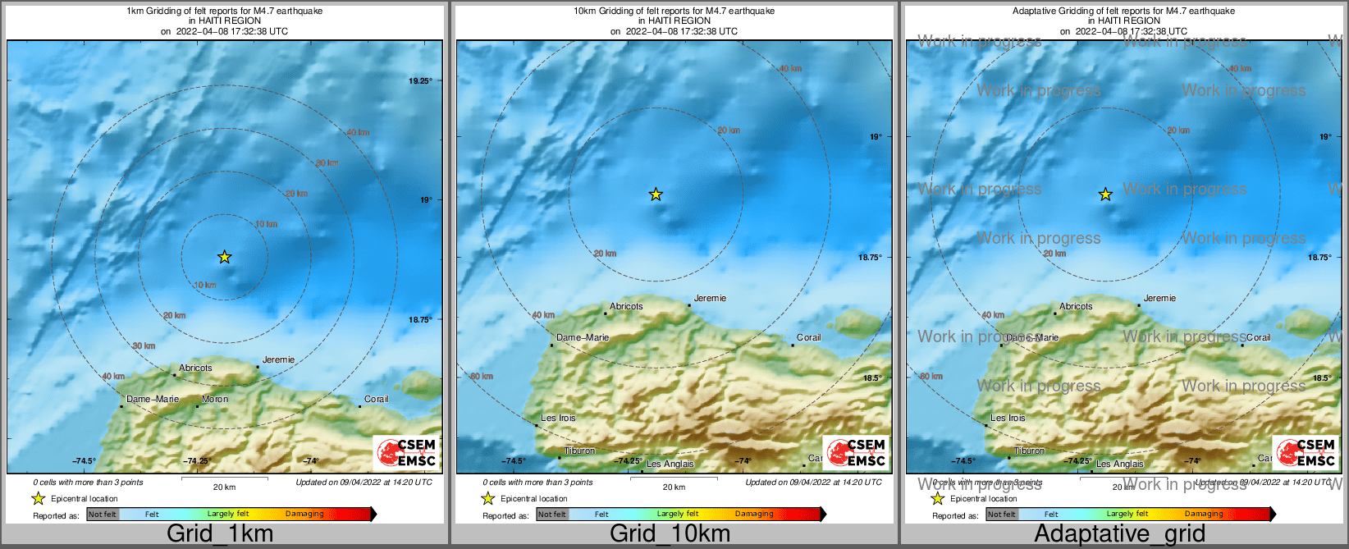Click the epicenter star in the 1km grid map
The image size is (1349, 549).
pos(224,257)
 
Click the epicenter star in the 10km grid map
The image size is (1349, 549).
pos(656,194)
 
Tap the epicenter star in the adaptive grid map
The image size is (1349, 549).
pos(1105,194)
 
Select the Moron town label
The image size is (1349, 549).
pos(215,400)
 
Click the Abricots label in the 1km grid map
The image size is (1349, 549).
pos(195,368)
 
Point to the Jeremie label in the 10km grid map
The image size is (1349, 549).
pos(710,299)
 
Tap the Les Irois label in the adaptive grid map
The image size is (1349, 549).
pos(1008,419)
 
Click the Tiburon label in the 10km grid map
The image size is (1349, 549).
pos(580,451)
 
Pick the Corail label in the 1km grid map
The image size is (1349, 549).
pos(376,400)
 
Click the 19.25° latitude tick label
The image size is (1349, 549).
pos(420,80)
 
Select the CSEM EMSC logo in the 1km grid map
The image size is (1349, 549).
pos(405,452)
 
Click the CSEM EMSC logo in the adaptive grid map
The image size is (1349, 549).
pos(1305,452)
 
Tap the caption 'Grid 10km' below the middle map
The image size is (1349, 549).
pos(670,534)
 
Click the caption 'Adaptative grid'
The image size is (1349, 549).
pos(1119,534)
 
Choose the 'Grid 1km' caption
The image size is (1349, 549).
pos(220,534)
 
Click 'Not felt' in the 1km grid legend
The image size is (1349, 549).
pos(103,515)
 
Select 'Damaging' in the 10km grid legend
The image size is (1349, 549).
pos(754,515)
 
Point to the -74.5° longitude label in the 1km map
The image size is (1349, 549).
pos(84,461)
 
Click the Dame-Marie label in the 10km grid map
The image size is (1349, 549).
pos(583,337)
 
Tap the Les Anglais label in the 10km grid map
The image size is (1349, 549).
pos(670,464)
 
